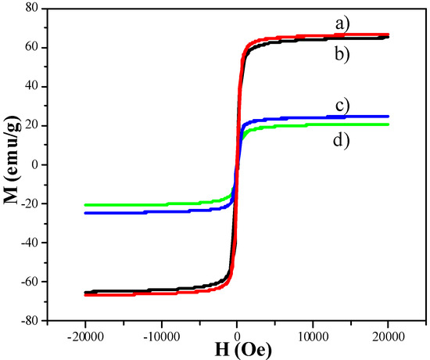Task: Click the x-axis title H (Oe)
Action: pyautogui.click(x=237, y=350)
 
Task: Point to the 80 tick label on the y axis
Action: pyautogui.click(x=31, y=9)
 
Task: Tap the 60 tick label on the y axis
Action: pyautogui.click(x=31, y=48)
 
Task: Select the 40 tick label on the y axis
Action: pyautogui.click(x=31, y=87)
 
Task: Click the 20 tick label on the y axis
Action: pyautogui.click(x=31, y=126)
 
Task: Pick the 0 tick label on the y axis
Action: pyautogui.click(x=35, y=165)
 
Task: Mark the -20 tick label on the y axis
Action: pyautogui.click(x=29, y=204)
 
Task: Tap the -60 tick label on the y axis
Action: pyautogui.click(x=29, y=282)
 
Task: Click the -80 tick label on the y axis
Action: pyautogui.click(x=29, y=321)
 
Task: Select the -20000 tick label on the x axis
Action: pyautogui.click(x=84, y=332)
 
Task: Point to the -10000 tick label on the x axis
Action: pyautogui.click(x=160, y=332)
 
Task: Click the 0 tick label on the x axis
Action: pyautogui.click(x=238, y=332)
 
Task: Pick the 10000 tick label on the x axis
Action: pyautogui.click(x=313, y=332)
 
